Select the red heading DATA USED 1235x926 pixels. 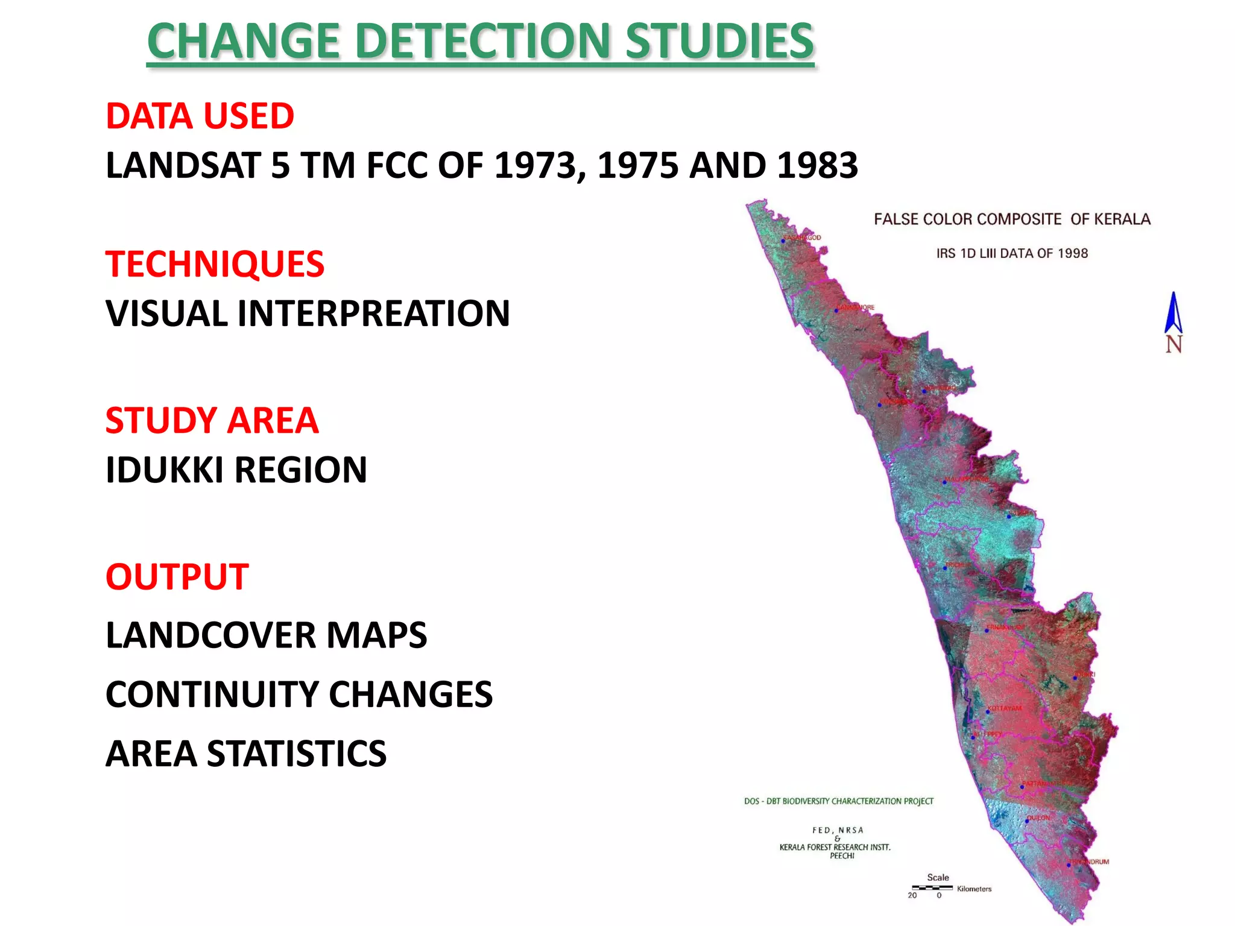pos(200,116)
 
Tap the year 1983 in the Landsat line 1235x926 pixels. pos(817,165)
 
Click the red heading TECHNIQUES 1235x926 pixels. pos(215,264)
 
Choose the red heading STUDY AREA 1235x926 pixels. pos(212,420)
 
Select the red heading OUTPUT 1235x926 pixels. pos(177,576)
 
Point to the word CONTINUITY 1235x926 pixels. pos(211,694)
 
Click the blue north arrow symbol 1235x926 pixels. pos(1173,313)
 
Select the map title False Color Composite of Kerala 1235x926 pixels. pos(1012,219)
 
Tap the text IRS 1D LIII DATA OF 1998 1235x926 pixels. pos(1012,253)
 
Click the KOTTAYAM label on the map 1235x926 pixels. pos(1005,708)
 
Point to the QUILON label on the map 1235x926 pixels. pos(1038,818)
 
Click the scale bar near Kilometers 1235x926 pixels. pos(932,887)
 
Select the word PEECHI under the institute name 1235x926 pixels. pos(842,855)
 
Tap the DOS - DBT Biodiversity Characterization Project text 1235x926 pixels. pos(838,801)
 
